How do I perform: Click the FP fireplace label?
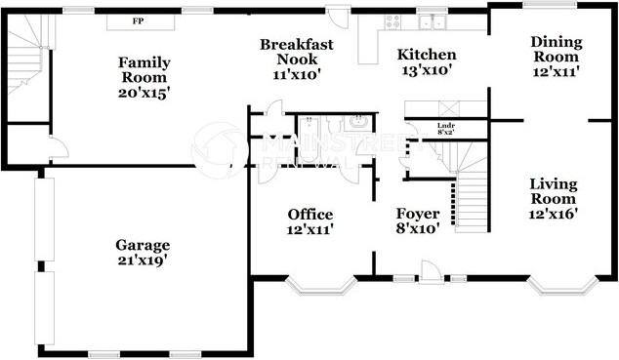click(139, 20)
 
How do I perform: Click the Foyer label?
click(417, 214)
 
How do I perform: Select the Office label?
click(309, 215)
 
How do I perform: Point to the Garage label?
click(143, 245)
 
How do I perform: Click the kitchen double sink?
click(431, 20)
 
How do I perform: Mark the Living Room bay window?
click(561, 286)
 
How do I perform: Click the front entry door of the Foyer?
click(431, 273)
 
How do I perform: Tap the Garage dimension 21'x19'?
click(143, 260)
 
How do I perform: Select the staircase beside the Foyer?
click(472, 190)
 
